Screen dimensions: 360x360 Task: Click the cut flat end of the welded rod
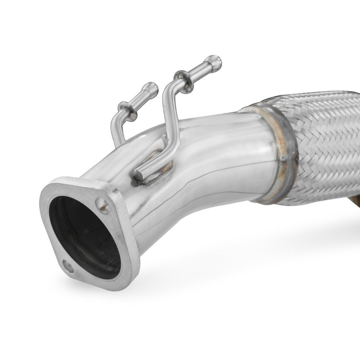[x=138, y=176]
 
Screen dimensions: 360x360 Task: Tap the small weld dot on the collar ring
[x=283, y=157]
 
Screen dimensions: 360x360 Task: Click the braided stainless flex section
[x=324, y=144]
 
